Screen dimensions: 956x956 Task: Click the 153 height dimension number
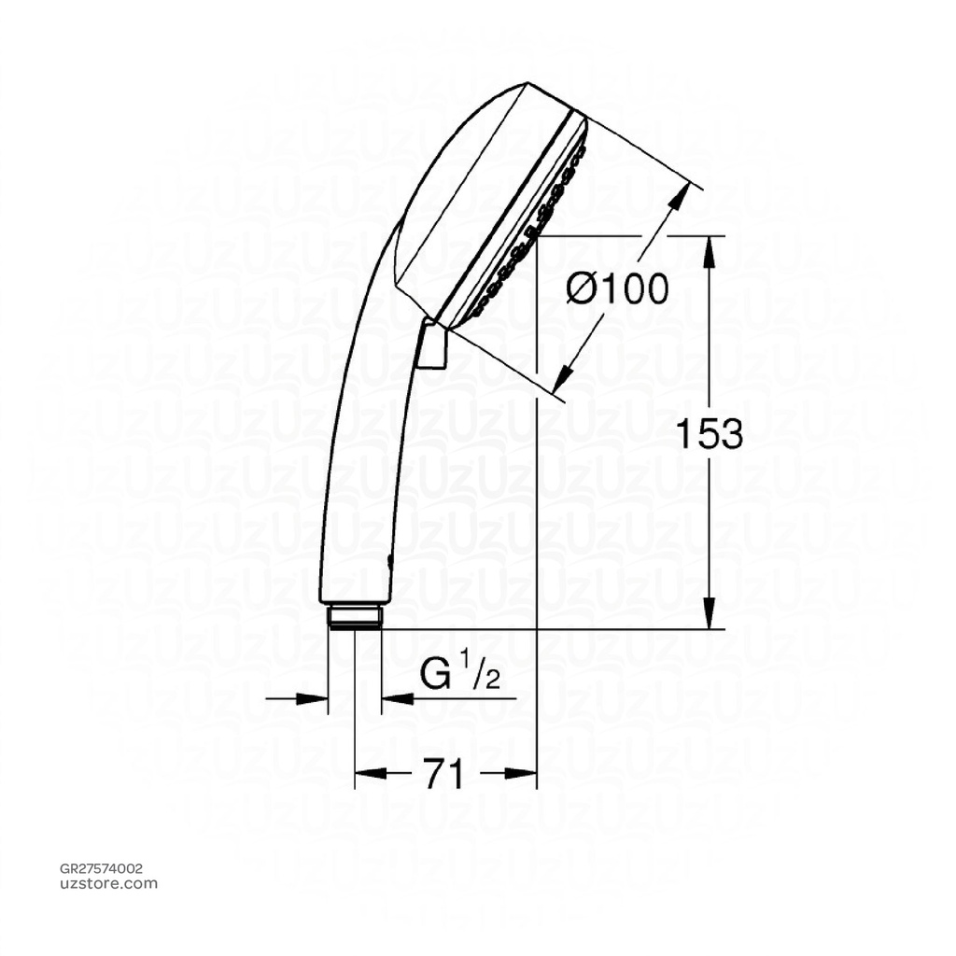pyautogui.click(x=709, y=434)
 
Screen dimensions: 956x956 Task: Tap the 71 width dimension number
pyautogui.click(x=444, y=773)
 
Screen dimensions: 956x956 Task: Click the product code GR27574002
pyautogui.click(x=102, y=868)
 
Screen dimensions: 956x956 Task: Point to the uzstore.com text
pyautogui.click(x=108, y=883)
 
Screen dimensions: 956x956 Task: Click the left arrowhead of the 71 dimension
pyautogui.click(x=366, y=773)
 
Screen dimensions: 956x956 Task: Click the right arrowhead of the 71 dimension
pyautogui.click(x=525, y=773)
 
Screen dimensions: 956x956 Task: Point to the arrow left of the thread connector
pyautogui.click(x=316, y=697)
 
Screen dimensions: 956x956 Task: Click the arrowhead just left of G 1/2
pyautogui.click(x=394, y=697)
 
